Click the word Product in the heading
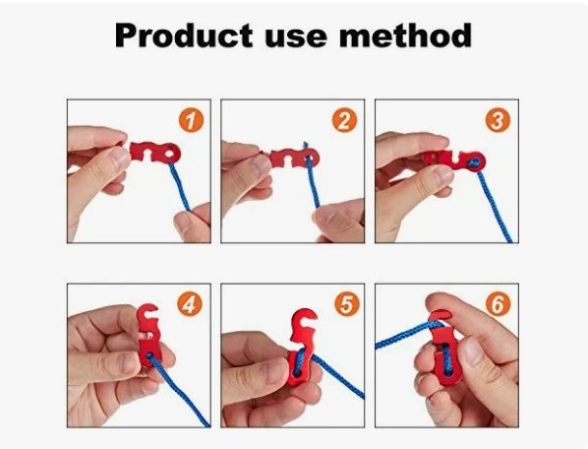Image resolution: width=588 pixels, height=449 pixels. pyautogui.click(x=183, y=34)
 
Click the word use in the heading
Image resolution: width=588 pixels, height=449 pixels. pyautogui.click(x=296, y=38)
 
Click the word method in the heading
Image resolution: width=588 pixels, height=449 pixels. pyautogui.click(x=405, y=34)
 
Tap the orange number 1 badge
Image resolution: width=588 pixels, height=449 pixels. pyautogui.click(x=192, y=120)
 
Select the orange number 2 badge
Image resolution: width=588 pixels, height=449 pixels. pyautogui.click(x=344, y=120)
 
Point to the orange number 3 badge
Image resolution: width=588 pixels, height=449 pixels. pyautogui.click(x=498, y=120)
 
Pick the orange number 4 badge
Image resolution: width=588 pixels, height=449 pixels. pyautogui.click(x=190, y=304)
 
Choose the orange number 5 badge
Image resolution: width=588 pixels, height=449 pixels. pyautogui.click(x=347, y=304)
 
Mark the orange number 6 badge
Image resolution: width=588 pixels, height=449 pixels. pyautogui.click(x=498, y=304)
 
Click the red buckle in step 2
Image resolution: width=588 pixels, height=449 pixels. pyautogui.click(x=294, y=158)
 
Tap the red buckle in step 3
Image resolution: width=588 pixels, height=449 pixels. pyautogui.click(x=455, y=160)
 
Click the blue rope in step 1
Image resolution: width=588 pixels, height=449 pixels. pyautogui.click(x=180, y=186)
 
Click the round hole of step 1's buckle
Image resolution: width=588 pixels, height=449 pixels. pyautogui.click(x=171, y=154)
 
